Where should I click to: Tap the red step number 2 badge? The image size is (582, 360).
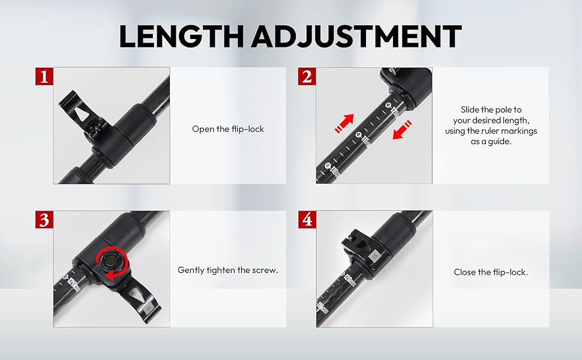click(x=307, y=77)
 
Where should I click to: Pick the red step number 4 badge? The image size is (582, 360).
click(x=307, y=220)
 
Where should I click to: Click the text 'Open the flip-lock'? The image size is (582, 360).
click(x=228, y=129)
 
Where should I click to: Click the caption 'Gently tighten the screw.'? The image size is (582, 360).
click(x=228, y=271)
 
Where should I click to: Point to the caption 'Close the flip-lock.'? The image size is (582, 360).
click(x=491, y=272)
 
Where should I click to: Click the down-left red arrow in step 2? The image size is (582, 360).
click(x=401, y=131)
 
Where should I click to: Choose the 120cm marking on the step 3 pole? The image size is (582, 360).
click(x=72, y=282)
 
